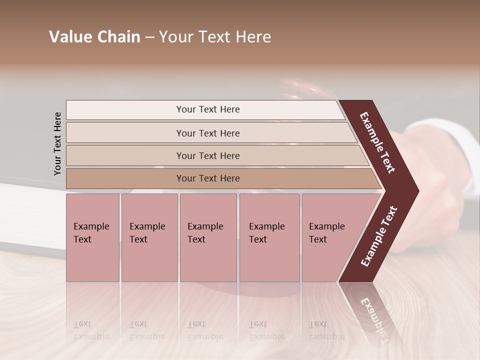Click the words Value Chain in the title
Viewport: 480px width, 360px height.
(94, 37)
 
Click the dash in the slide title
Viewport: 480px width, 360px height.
(149, 37)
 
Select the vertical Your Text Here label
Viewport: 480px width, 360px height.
(57, 143)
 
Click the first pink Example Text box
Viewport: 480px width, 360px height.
(92, 237)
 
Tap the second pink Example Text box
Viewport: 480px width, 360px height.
(149, 237)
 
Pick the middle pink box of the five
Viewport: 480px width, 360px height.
(208, 237)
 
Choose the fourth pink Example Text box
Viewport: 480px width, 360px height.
(269, 237)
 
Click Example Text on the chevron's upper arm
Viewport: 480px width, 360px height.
(378, 142)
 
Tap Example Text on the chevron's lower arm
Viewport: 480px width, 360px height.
(378, 236)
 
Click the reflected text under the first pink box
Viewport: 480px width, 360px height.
(91, 330)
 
